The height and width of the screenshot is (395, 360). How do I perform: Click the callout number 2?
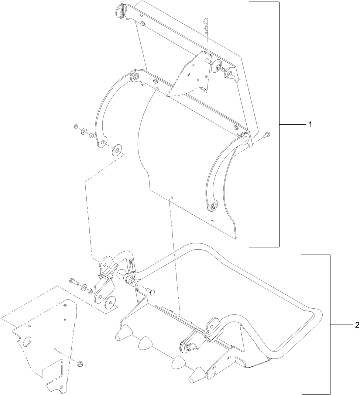[357, 325]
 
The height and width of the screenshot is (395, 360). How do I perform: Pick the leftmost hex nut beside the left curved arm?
[76, 128]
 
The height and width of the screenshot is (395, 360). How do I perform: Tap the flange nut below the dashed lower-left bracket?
[80, 364]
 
